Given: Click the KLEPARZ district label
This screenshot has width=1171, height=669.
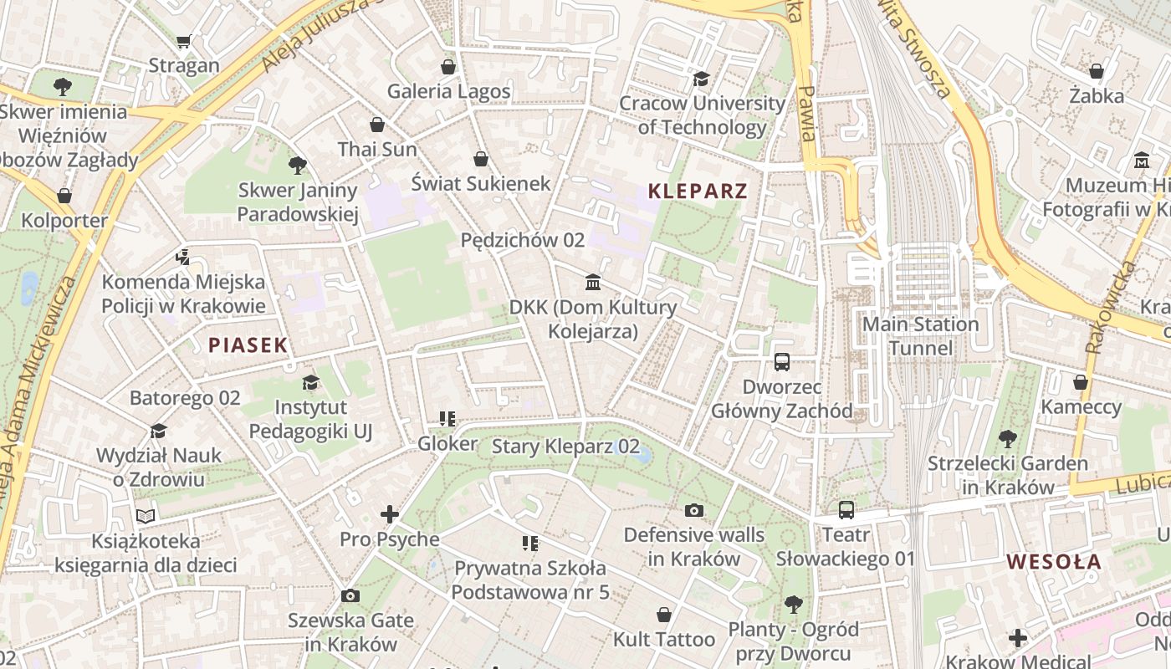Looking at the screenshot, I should pyautogui.click(x=698, y=192).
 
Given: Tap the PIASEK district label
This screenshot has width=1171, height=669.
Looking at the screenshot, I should pyautogui.click(x=248, y=345).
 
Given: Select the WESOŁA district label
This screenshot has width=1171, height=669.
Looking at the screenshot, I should pyautogui.click(x=1053, y=561).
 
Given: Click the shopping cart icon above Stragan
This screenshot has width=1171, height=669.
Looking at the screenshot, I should pyautogui.click(x=184, y=41).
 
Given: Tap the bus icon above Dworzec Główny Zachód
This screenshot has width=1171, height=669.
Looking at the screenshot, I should pyautogui.click(x=782, y=362).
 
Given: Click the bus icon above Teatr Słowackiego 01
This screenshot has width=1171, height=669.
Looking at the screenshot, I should pyautogui.click(x=846, y=509).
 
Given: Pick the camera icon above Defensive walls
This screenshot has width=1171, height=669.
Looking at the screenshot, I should pyautogui.click(x=693, y=510).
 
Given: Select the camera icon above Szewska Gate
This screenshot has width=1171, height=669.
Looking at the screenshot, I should pyautogui.click(x=350, y=595).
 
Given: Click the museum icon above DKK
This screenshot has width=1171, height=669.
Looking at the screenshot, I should pyautogui.click(x=593, y=282).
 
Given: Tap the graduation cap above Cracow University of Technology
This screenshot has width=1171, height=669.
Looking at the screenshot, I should pyautogui.click(x=701, y=79).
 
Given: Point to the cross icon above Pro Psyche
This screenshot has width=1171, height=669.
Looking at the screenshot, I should pyautogui.click(x=390, y=514).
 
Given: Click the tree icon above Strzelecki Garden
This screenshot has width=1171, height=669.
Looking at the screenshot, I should pyautogui.click(x=1008, y=438).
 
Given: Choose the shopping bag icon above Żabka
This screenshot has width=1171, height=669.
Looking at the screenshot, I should pyautogui.click(x=1097, y=71).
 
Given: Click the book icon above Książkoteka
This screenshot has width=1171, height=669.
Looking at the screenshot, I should pyautogui.click(x=146, y=516).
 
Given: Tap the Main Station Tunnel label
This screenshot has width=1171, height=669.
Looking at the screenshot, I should pyautogui.click(x=920, y=336).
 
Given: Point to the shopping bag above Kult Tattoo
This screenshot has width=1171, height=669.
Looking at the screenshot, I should pyautogui.click(x=664, y=615).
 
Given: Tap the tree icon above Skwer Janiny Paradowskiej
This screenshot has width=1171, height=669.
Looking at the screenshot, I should pyautogui.click(x=297, y=165).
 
